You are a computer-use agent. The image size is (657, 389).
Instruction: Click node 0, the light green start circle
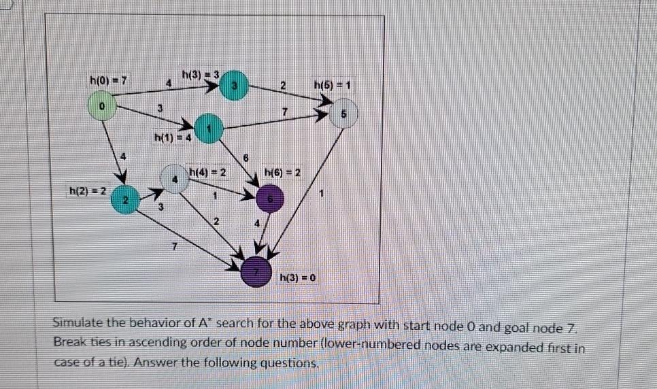click(102, 107)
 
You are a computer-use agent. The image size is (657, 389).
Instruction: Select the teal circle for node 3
click(233, 85)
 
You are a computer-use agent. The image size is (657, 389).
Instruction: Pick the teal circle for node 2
click(124, 199)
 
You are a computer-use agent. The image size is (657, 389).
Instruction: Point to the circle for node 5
click(344, 115)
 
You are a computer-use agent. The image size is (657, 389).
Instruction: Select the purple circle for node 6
click(270, 199)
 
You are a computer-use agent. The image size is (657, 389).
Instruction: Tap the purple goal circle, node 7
click(257, 272)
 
